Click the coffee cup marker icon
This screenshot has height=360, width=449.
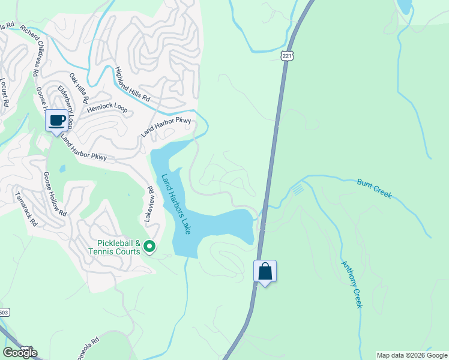tap(57, 120)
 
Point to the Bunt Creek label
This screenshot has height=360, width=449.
tap(374, 188)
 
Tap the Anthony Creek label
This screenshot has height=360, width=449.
tap(352, 284)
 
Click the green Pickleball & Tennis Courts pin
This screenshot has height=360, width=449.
tap(149, 246)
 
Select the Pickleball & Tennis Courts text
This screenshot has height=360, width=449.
tap(119, 247)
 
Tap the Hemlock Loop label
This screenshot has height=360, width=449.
tap(107, 108)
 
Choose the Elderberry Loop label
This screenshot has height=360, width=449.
tap(65, 106)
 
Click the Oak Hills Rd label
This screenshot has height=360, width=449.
tap(79, 88)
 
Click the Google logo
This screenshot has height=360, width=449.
tap(20, 353)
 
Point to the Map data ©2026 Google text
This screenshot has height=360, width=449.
tap(411, 355)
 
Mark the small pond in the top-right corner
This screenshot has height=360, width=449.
tap(405, 6)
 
